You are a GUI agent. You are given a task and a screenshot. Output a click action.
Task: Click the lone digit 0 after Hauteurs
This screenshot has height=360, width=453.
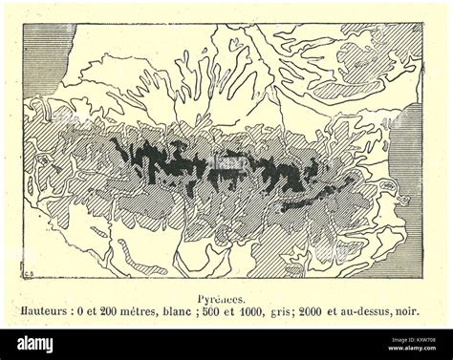pyautogui.click(x=97, y=311)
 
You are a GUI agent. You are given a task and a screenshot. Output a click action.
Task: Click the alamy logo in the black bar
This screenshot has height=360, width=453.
pyautogui.click(x=38, y=344)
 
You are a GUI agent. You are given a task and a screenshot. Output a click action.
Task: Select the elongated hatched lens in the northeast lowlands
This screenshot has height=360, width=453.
pyautogui.click(x=339, y=91)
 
